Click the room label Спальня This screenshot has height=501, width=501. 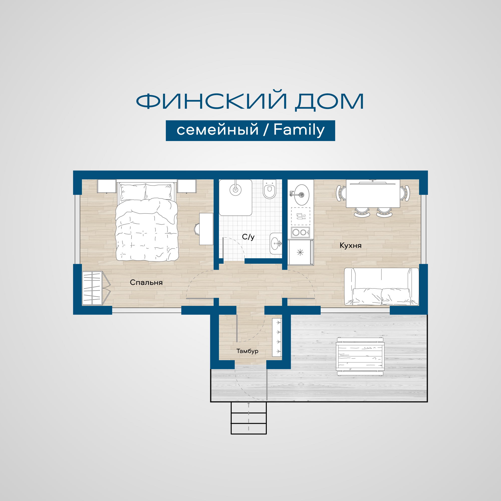(146, 282)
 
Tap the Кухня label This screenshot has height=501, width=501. (350, 245)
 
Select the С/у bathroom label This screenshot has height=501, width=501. (248, 237)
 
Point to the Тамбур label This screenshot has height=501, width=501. (247, 351)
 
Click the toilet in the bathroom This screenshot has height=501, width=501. (270, 189)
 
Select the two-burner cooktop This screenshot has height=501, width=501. (300, 232)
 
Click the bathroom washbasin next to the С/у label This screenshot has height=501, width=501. (276, 243)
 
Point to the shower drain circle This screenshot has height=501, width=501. (235, 190)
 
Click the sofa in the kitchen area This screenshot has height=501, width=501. (382, 287)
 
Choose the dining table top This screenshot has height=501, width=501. (373, 193)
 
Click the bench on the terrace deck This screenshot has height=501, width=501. (360, 356)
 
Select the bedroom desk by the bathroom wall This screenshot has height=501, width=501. (206, 229)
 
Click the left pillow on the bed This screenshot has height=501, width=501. (133, 192)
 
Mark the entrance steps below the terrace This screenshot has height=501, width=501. (248, 418)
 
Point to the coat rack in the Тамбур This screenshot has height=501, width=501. (277, 337)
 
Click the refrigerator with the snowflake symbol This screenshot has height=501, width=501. (300, 252)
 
